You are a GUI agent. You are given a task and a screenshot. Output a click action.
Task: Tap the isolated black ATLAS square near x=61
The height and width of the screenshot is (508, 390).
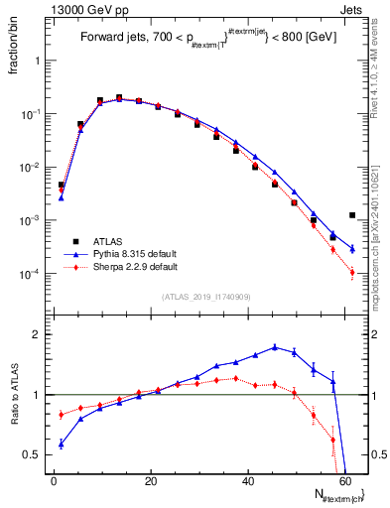point(352,215)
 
